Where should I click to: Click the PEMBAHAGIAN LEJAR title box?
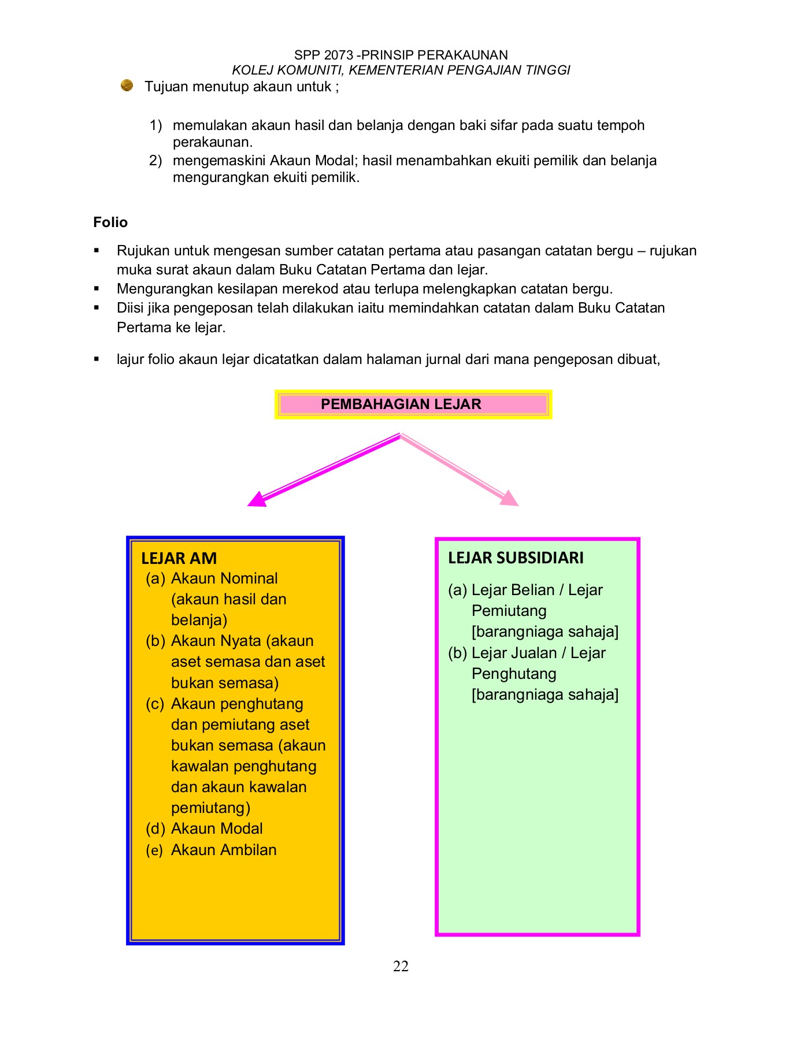tap(413, 404)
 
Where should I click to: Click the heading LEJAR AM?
tap(179, 558)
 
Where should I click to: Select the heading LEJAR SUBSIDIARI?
tap(515, 558)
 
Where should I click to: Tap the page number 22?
tap(401, 966)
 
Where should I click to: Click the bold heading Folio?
tap(110, 222)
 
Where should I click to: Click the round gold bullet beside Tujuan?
tap(127, 86)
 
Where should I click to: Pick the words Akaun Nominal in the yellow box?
tap(224, 578)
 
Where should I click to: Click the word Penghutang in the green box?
tap(513, 674)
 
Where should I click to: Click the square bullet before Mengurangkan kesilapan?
tap(97, 289)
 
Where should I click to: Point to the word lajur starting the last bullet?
tap(131, 359)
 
